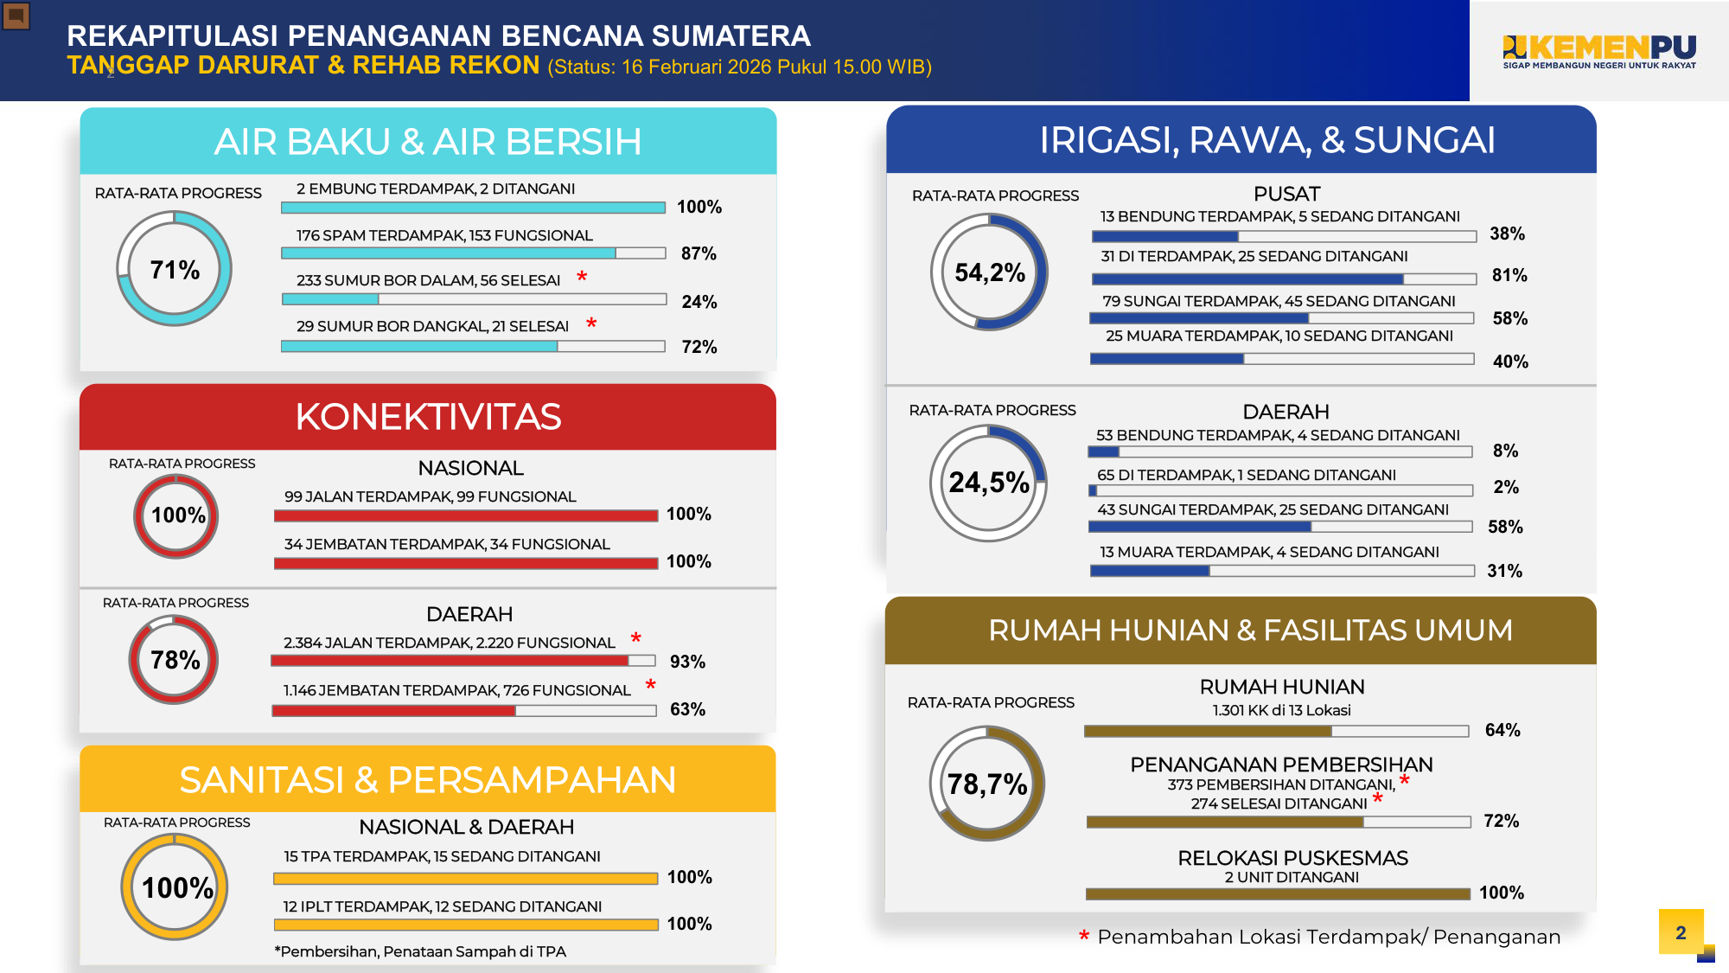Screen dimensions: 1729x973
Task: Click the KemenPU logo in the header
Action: (1599, 52)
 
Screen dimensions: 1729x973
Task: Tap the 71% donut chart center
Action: (175, 269)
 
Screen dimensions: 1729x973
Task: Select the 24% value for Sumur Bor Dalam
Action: (699, 302)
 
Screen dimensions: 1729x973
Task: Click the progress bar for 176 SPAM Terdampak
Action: (473, 253)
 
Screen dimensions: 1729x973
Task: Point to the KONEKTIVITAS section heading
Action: (428, 417)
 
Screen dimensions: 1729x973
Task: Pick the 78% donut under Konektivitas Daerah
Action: (174, 659)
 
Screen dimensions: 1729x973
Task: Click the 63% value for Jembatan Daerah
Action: (688, 709)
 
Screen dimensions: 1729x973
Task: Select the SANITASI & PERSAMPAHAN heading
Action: (428, 780)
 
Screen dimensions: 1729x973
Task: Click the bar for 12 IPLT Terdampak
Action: (466, 925)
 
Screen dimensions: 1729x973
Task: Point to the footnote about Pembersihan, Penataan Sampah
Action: (420, 951)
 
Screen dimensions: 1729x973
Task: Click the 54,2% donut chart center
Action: (990, 272)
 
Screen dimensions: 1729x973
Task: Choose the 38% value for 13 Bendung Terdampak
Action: (1508, 234)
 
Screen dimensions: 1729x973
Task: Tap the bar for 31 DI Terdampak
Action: (1284, 278)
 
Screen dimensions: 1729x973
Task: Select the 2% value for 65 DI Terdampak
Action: (1506, 487)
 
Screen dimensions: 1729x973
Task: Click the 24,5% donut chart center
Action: (989, 483)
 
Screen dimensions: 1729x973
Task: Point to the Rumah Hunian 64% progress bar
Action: (1277, 732)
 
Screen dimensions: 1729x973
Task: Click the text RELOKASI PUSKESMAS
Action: (1292, 858)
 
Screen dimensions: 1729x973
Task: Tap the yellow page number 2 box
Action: (1681, 931)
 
